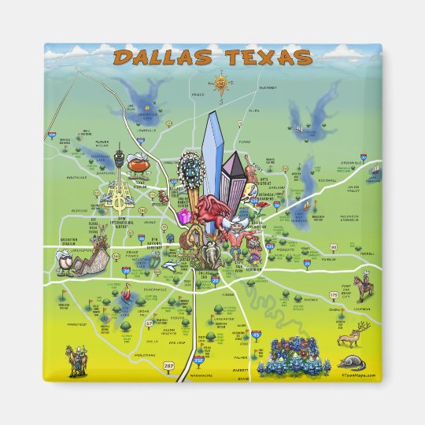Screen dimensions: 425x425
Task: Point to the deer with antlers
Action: point(347,338)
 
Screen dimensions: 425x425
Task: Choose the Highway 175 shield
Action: point(334,295)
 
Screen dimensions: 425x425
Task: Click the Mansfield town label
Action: point(76,322)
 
